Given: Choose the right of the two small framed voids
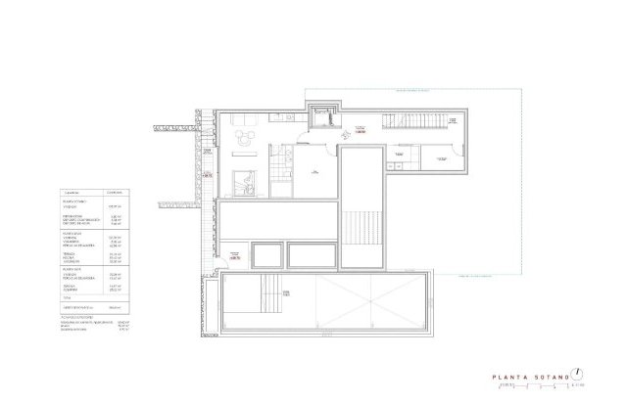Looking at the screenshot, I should (313, 255).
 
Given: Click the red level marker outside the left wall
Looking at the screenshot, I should (207, 174).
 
